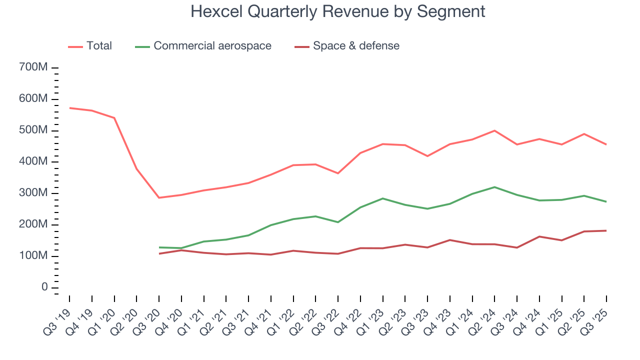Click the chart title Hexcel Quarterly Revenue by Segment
pos(337,11)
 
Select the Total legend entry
pos(99,46)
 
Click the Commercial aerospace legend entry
pos(212,46)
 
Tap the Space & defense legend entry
pos(356,46)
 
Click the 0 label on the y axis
pos(44,287)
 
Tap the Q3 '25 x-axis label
pos(598,314)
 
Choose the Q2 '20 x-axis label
pos(128,314)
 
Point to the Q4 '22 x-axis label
pos(352,314)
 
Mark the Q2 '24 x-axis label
pos(486,314)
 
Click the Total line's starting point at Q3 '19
pos(69,108)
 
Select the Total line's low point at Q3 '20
pos(159,197)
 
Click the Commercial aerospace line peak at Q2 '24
pos(494,187)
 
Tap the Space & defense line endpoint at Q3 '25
pos(606,230)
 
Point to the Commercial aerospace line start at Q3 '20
pos(159,247)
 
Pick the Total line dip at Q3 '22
pos(338,173)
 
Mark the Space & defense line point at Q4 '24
pos(539,236)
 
